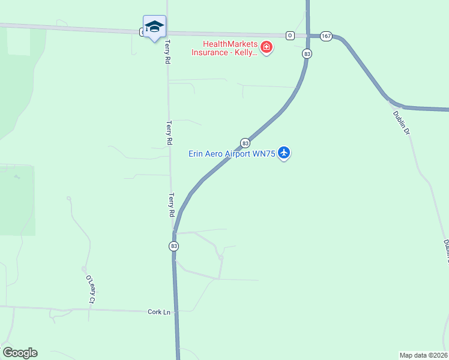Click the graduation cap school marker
pos(154,26)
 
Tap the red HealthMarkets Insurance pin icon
pos(266,47)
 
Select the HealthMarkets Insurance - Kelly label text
pos(224,48)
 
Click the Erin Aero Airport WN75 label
pos(232,154)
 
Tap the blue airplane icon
pos(284,153)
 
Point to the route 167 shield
pos(326,36)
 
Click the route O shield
pos(290,35)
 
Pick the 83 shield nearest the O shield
pos(307,53)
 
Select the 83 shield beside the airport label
pos(245,143)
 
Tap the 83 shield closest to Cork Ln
pos(174,246)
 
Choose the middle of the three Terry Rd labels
pos(170,133)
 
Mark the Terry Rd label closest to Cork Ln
pos(172,205)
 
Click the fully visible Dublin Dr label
pos(401,122)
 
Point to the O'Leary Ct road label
pos(91,289)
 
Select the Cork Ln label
pos(159,312)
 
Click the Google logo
pos(20,353)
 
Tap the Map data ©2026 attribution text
pos(423,355)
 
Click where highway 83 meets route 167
pos(308,35)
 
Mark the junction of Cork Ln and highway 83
pos(176,311)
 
